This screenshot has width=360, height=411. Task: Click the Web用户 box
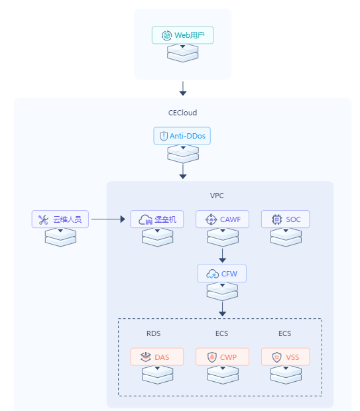[x=182, y=35]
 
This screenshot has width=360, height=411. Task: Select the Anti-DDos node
[x=182, y=136]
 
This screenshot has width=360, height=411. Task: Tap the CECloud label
[x=182, y=113]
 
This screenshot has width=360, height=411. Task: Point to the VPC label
[x=217, y=196]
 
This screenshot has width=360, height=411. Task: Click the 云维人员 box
[x=60, y=219]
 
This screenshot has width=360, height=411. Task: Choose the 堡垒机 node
[x=157, y=219]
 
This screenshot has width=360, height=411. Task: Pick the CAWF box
[x=222, y=219]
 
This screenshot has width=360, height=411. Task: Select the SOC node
[x=286, y=219]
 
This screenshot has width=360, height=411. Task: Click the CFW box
[x=222, y=273]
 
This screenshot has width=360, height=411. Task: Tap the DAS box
[x=157, y=357]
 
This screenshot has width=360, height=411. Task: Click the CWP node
[x=222, y=357]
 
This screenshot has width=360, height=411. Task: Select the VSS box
[x=286, y=357]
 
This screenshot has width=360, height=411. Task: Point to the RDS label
[x=153, y=333]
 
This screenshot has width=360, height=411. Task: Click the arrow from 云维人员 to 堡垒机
[x=108, y=219]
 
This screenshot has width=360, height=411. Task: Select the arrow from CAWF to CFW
[x=222, y=255]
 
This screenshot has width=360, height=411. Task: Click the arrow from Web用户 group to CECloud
[x=183, y=89]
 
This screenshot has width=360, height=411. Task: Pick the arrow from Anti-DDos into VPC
[x=183, y=172]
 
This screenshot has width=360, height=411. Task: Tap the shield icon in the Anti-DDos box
[x=164, y=136]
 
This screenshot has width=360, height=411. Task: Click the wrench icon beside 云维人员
[x=44, y=219]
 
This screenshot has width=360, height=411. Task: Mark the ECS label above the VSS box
[x=284, y=333]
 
